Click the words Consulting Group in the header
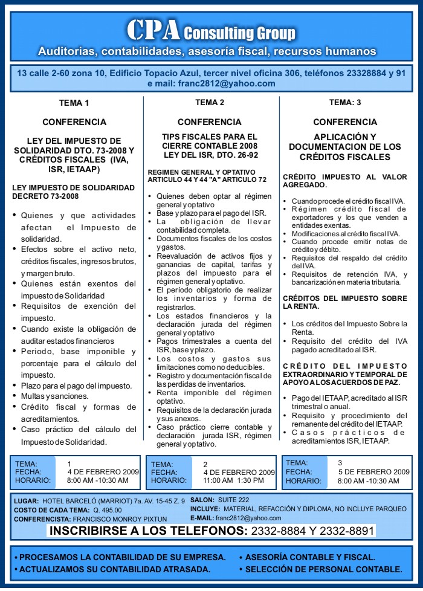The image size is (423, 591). point(239,33)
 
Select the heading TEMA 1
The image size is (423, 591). point(74,102)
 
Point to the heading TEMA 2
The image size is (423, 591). point(210,102)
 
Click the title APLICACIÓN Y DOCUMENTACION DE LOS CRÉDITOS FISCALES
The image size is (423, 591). point(345,147)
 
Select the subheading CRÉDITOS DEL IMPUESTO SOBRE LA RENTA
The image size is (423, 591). point(345,302)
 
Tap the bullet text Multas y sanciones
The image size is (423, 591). point(54,396)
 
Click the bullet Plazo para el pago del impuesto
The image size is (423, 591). point(76,386)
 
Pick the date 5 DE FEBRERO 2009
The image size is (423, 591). point(373,472)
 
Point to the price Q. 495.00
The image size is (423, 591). point(107,510)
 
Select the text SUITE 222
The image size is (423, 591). point(233,500)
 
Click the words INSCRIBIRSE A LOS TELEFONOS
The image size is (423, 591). point(148,532)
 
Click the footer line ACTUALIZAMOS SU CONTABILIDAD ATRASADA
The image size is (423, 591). point(115,569)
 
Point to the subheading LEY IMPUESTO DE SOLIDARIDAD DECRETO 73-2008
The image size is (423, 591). point(74,192)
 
